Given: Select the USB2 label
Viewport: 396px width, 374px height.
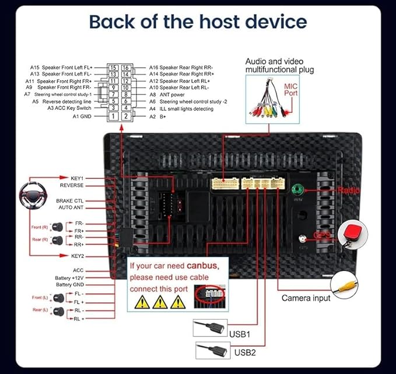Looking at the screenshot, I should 246,352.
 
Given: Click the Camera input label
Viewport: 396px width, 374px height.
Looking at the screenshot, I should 306,298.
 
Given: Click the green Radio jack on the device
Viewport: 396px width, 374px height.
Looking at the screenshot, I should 299,190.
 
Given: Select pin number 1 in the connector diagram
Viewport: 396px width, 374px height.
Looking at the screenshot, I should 113,116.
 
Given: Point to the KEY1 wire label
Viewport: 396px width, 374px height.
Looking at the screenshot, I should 78,178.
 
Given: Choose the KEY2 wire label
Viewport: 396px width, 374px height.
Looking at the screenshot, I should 78,256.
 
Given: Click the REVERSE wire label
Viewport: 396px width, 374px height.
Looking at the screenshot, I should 72,185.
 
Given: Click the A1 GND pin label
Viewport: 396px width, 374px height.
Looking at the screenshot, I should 83,116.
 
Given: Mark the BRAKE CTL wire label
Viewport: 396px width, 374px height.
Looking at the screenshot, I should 70,200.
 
